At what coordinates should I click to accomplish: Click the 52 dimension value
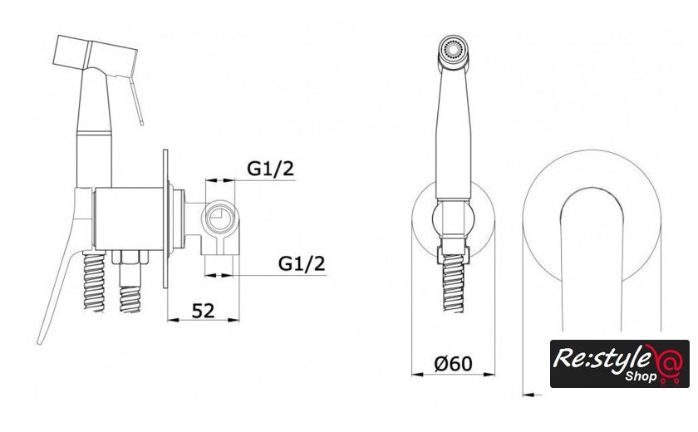pyautogui.click(x=203, y=311)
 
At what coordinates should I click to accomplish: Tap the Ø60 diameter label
pyautogui.click(x=453, y=364)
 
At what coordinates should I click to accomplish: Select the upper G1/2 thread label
pyautogui.click(x=271, y=169)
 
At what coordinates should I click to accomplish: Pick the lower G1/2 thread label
pyautogui.click(x=302, y=263)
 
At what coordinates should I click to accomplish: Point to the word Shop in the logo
pyautogui.click(x=641, y=376)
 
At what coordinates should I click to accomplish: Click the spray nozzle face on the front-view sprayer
pyautogui.click(x=453, y=48)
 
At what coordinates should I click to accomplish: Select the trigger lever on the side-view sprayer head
pyautogui.click(x=135, y=100)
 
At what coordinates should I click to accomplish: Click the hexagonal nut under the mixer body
pyautogui.click(x=130, y=258)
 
